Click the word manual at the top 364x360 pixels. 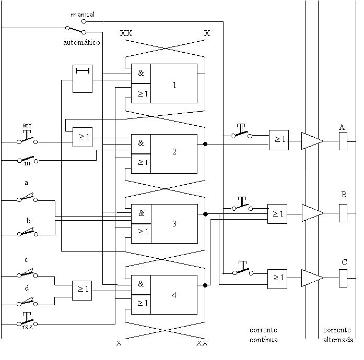(83, 15)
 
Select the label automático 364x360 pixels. (81, 42)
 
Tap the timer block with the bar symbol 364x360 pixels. (83, 79)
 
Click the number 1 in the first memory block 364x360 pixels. (174, 85)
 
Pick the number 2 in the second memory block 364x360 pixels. (174, 152)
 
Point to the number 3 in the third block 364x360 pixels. (174, 223)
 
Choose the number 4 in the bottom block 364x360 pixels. (174, 295)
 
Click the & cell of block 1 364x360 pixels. (141, 73)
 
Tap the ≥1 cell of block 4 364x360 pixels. (141, 305)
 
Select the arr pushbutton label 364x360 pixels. (27, 125)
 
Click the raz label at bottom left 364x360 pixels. (27, 327)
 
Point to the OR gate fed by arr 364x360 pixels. (83, 137)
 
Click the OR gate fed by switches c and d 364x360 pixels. (82, 291)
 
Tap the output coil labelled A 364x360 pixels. (343, 141)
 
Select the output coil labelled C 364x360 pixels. (343, 279)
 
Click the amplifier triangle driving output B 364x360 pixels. (312, 213)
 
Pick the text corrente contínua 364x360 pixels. (264, 335)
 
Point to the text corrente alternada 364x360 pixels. (338, 335)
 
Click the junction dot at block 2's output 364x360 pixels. (205, 144)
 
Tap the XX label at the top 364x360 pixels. (126, 33)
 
